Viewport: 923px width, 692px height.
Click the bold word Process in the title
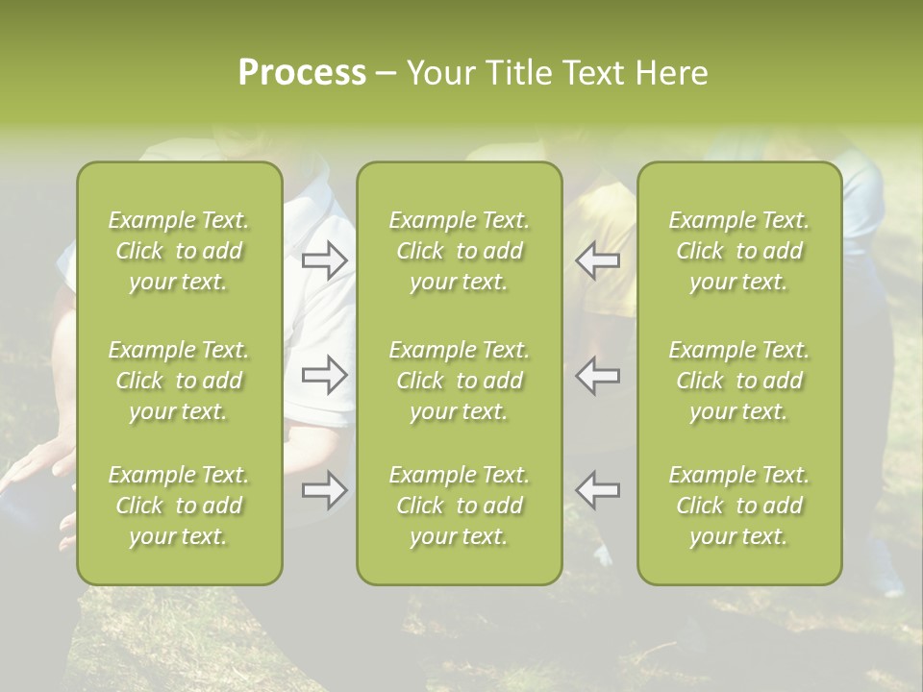point(302,73)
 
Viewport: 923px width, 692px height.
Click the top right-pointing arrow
point(324,259)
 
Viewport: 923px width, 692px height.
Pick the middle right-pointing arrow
point(324,375)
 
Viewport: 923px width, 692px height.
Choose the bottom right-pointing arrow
point(324,490)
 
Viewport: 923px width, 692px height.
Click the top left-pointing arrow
point(597,259)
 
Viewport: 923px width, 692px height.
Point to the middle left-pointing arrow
point(597,375)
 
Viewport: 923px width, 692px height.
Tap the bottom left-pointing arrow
point(597,490)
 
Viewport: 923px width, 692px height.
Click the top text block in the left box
point(179,251)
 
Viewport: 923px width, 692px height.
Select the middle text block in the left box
point(179,381)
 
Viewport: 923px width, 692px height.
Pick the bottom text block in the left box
point(179,506)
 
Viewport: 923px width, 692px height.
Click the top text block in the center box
point(459,251)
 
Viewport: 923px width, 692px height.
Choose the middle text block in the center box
point(459,381)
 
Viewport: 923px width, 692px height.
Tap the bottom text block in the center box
point(459,506)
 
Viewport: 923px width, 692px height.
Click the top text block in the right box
point(738,251)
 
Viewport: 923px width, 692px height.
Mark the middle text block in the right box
point(738,381)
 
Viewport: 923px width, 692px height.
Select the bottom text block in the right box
point(738,506)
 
